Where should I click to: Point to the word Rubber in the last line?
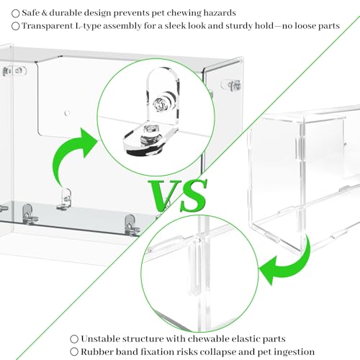(x=95, y=351)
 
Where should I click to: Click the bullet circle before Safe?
(x=16, y=14)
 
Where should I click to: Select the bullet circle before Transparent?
(x=16, y=26)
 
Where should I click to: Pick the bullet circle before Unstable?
(x=74, y=339)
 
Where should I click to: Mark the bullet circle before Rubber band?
(x=74, y=352)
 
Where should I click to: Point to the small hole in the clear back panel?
(x=67, y=113)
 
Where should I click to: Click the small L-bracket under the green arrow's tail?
(x=65, y=199)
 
